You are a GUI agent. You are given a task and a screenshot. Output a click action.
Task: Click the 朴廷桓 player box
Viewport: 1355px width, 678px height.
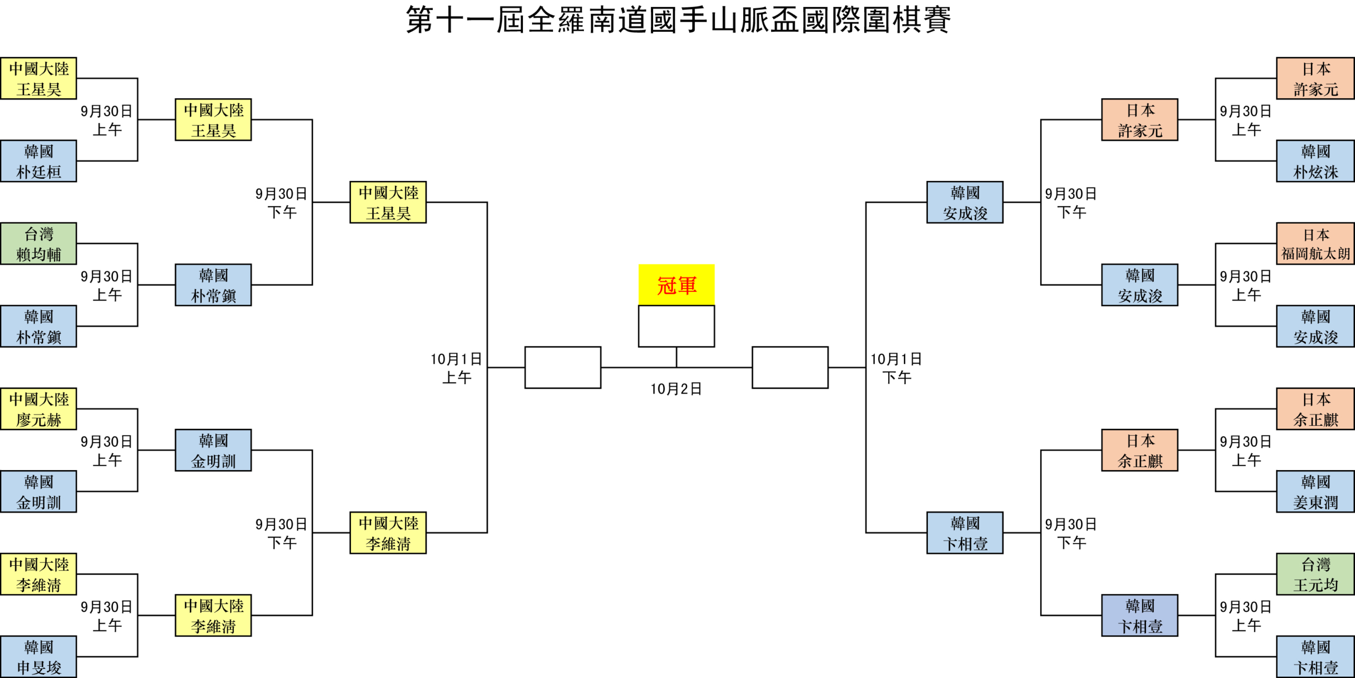(x=39, y=161)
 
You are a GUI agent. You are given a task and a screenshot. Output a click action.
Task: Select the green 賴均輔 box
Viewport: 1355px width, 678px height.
(x=39, y=244)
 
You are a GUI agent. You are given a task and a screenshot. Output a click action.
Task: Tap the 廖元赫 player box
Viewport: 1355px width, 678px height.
(x=39, y=409)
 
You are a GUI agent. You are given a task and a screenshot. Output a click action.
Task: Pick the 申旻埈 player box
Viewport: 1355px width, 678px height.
(x=39, y=657)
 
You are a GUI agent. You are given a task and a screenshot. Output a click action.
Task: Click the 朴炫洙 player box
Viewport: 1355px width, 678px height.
(x=1315, y=161)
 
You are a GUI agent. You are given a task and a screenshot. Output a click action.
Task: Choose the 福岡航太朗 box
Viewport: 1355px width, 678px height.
(x=1315, y=244)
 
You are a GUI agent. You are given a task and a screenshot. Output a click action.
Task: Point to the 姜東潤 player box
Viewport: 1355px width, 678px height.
(x=1315, y=492)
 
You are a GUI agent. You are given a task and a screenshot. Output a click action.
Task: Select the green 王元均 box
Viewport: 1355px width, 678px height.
(x=1315, y=574)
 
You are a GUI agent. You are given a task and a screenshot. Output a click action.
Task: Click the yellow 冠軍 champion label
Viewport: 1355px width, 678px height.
(x=676, y=285)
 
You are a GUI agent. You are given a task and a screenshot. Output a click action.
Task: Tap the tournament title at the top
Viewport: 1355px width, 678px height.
(x=677, y=20)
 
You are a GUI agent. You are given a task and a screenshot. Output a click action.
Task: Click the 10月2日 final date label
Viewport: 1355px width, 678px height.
(x=676, y=389)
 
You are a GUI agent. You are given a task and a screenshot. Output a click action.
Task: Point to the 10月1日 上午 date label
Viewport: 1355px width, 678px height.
(x=456, y=368)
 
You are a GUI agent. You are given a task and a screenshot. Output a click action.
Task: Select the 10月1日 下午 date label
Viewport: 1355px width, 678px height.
(x=897, y=368)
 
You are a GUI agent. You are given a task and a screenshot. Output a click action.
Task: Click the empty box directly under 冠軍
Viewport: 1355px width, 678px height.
(x=676, y=326)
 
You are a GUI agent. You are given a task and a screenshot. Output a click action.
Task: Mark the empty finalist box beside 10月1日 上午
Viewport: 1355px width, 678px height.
(x=563, y=368)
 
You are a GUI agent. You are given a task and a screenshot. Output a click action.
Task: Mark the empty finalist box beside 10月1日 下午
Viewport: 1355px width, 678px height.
(x=790, y=368)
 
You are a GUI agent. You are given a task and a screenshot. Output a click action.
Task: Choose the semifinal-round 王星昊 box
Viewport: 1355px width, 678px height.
(x=388, y=203)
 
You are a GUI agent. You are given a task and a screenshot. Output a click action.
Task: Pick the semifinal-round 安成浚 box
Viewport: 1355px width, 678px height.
(x=965, y=203)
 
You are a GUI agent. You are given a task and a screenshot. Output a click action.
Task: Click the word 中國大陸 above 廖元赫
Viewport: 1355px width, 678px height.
(x=39, y=399)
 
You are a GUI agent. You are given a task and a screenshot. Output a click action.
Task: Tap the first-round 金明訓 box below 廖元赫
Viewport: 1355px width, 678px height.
(x=39, y=492)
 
